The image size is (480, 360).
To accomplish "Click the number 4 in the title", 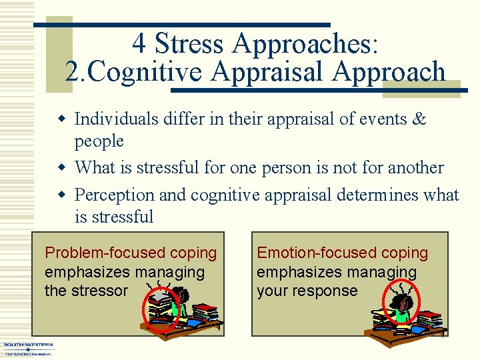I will click(x=139, y=44).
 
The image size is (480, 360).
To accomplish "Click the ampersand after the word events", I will click(x=419, y=119).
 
